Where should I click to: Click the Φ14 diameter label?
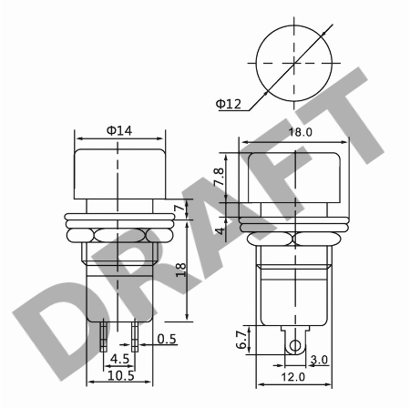[x=118, y=131]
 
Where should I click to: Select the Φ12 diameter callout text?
[x=229, y=105]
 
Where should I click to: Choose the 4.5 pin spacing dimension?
[x=118, y=358]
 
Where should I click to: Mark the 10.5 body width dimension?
[x=120, y=375]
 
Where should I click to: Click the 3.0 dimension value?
[x=319, y=361]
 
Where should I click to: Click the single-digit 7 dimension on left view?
[x=181, y=210]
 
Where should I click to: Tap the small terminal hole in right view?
[x=294, y=346]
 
